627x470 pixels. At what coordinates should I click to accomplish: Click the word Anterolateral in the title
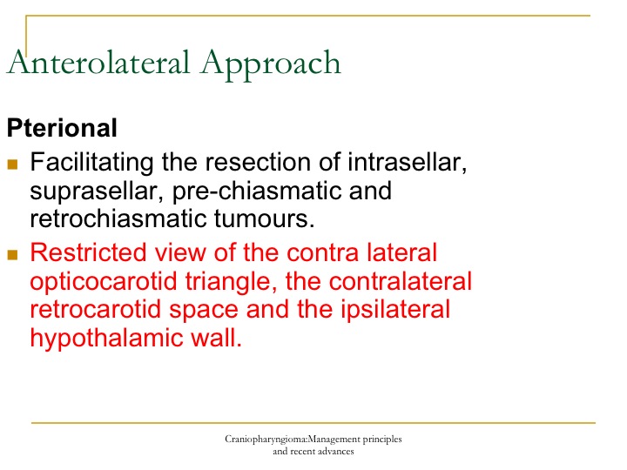[98, 63]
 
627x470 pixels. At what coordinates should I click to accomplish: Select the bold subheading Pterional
[62, 128]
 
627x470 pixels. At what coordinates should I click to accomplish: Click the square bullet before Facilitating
[12, 164]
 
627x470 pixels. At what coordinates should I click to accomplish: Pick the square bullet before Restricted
[12, 254]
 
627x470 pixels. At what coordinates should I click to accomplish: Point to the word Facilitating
[92, 163]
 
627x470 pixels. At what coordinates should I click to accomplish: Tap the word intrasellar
[407, 163]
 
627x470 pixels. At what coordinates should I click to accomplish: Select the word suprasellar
[97, 191]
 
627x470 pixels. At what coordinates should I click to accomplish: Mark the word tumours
[265, 219]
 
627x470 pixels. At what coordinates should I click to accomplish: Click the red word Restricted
[88, 252]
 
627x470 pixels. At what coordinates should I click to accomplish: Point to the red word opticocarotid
[103, 282]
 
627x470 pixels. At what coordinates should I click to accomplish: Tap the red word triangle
[231, 282]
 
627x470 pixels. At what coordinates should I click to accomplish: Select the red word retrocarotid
[95, 310]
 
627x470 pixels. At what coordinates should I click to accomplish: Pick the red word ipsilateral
[395, 309]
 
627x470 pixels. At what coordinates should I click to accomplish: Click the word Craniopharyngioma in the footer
[266, 440]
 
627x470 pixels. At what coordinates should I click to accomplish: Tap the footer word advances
[337, 452]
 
